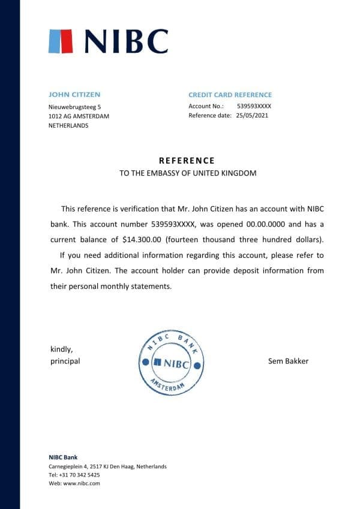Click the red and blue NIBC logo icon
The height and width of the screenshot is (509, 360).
pos(61,41)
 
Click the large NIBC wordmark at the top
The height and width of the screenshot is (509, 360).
pos(126,41)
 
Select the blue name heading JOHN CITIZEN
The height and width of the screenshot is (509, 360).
pos(74,94)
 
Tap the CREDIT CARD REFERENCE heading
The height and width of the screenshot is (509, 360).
pos(230,95)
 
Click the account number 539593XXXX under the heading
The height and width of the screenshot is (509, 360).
pos(254,106)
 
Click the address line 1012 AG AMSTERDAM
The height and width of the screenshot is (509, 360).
pos(79,116)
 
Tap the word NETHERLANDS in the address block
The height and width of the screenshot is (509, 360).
pos(68,126)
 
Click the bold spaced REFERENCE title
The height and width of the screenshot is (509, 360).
pos(187,161)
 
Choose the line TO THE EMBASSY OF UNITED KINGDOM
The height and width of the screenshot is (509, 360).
pos(188,173)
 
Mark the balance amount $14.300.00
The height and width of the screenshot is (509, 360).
pos(142,240)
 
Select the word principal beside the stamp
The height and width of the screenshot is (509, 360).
pos(65,361)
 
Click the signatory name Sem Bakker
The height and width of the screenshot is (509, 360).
pos(289,361)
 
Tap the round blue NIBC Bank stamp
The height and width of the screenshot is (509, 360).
pos(172,362)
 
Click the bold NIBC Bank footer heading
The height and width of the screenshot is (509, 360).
pos(63,457)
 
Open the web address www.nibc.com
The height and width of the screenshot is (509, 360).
pos(81,483)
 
